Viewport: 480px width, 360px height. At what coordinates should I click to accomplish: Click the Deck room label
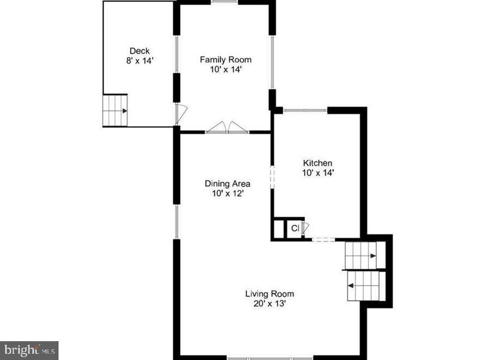(x=139, y=51)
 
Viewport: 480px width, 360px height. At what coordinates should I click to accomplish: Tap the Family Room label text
(x=225, y=60)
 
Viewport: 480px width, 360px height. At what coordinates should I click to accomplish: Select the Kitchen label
(x=317, y=163)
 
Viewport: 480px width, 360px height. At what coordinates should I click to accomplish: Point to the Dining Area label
(x=227, y=183)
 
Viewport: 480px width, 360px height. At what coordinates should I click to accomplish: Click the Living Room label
(x=270, y=294)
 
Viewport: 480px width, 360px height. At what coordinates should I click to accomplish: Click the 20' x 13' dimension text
(x=270, y=303)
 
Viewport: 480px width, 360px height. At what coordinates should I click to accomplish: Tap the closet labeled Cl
(x=295, y=228)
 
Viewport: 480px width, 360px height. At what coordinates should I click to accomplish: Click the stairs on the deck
(x=115, y=110)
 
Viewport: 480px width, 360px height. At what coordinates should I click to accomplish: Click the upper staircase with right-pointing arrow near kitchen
(x=361, y=255)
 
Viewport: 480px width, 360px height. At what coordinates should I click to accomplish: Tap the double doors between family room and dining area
(x=227, y=128)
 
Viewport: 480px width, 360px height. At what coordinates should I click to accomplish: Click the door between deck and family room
(x=180, y=113)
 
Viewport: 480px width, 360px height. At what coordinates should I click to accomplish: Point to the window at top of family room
(x=224, y=2)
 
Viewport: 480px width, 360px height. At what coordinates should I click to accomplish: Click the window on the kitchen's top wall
(x=305, y=111)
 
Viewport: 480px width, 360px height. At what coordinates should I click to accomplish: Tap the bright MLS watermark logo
(x=29, y=350)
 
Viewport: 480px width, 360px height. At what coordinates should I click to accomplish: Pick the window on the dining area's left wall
(x=176, y=221)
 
